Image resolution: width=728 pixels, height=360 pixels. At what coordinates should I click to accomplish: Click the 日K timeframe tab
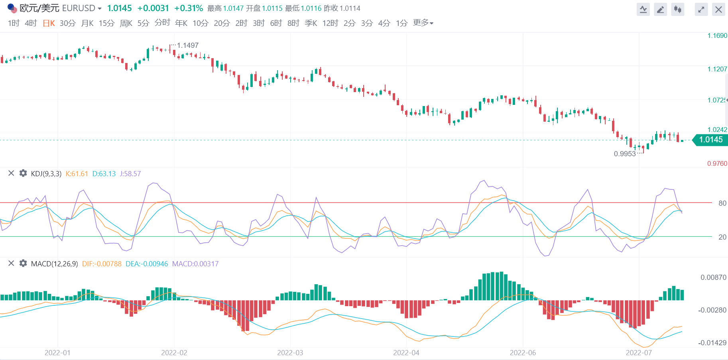tap(49, 23)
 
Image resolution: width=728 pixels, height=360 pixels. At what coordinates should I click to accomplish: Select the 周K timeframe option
tap(126, 23)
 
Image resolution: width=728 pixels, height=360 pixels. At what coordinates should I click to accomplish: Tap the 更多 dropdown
tap(423, 23)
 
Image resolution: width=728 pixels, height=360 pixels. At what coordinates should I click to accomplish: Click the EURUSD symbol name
tap(79, 8)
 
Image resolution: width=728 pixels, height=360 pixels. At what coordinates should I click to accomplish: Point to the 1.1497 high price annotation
tap(188, 45)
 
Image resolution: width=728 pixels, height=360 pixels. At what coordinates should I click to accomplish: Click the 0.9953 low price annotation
tap(625, 154)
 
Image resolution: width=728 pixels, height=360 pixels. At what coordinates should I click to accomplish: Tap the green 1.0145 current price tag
tap(711, 140)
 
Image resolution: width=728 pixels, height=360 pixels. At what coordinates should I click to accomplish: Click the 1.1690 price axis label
tap(717, 36)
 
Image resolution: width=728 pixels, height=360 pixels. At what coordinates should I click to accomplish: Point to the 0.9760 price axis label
tap(717, 163)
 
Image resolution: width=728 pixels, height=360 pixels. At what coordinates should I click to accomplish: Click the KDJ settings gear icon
tap(23, 173)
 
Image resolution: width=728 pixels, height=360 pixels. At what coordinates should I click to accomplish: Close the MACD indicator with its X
tap(11, 263)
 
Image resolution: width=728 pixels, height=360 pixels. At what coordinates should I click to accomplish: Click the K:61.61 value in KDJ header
tap(77, 174)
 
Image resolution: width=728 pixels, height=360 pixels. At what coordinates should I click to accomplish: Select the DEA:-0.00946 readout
tap(147, 264)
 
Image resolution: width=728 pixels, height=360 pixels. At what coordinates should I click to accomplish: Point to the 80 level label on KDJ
tap(722, 203)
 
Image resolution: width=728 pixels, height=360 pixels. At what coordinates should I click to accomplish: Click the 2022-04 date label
tap(406, 353)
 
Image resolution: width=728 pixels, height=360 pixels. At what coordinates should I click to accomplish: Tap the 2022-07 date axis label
tap(639, 353)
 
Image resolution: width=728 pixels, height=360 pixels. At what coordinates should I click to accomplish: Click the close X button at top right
tap(718, 10)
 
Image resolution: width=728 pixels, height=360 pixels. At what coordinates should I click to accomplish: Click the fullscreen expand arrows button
tap(701, 10)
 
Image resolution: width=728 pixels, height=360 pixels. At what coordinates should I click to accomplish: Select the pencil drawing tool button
tap(661, 10)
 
